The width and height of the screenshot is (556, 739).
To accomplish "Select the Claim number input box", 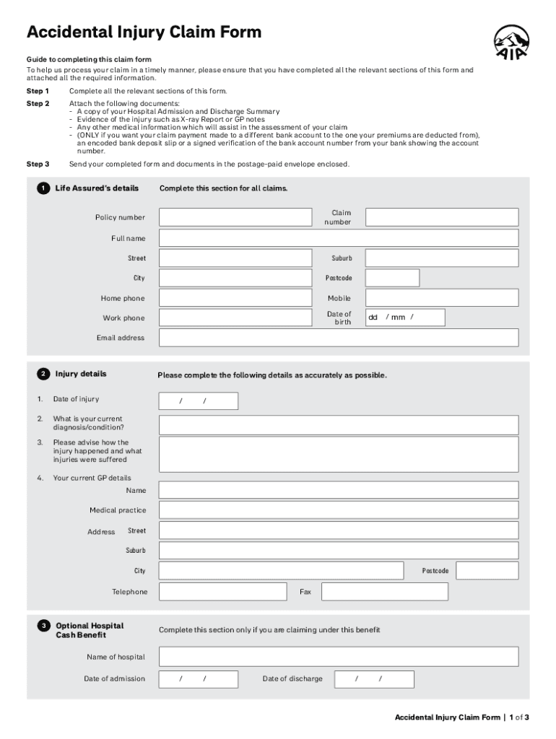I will pyautogui.click(x=441, y=217).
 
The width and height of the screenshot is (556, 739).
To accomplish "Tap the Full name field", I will pyautogui.click(x=338, y=238).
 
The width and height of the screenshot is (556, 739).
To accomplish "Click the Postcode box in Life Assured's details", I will pyautogui.click(x=392, y=278).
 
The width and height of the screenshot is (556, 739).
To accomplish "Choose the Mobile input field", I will pyautogui.click(x=441, y=298).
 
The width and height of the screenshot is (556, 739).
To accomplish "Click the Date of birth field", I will pyautogui.click(x=404, y=318).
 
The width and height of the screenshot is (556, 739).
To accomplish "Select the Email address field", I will pyautogui.click(x=338, y=338).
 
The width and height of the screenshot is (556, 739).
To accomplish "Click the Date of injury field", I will pyautogui.click(x=198, y=401).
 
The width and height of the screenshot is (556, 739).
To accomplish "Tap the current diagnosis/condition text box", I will pyautogui.click(x=338, y=425).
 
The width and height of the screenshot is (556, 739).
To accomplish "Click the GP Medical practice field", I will pyautogui.click(x=338, y=510).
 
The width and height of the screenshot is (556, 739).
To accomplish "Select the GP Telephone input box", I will pyautogui.click(x=222, y=592).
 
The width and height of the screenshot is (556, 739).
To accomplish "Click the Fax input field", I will pyautogui.click(x=384, y=592).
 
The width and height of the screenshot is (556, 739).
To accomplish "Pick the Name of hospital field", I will pyautogui.click(x=338, y=657).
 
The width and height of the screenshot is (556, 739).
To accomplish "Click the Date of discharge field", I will pyautogui.click(x=373, y=679).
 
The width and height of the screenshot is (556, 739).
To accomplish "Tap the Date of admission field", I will pyautogui.click(x=198, y=679).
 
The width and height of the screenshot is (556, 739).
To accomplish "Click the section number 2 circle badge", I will pyautogui.click(x=43, y=374).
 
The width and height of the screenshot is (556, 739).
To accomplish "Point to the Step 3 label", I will pyautogui.click(x=38, y=164).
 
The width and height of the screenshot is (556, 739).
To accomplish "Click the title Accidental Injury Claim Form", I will pyautogui.click(x=144, y=32).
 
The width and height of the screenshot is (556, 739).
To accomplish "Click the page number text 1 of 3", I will pyautogui.click(x=519, y=717).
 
